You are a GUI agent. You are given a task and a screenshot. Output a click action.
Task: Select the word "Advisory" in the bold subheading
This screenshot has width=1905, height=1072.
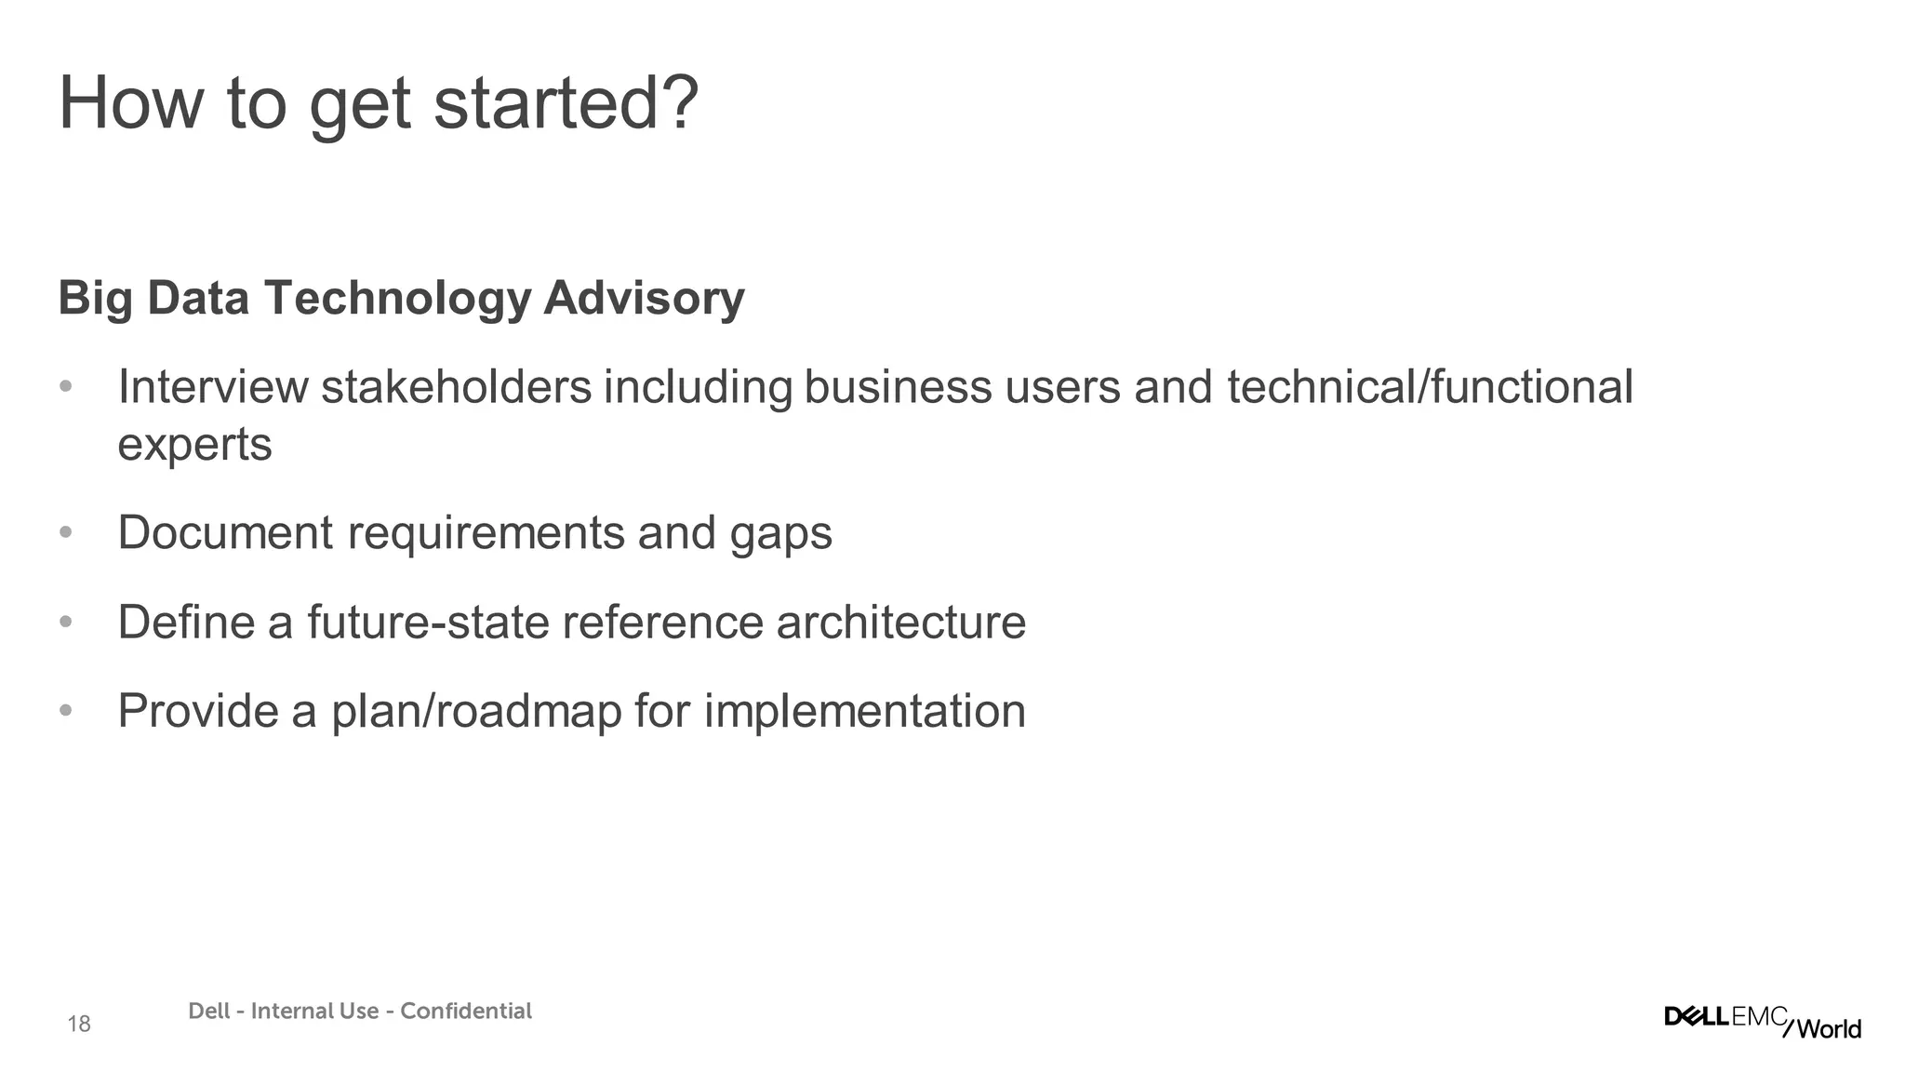(644, 299)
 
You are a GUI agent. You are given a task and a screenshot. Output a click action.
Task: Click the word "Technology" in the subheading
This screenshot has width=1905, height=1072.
(397, 299)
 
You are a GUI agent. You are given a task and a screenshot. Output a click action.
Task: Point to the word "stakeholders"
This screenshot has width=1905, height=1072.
(456, 387)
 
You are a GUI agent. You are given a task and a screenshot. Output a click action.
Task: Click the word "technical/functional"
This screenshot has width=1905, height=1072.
(1430, 387)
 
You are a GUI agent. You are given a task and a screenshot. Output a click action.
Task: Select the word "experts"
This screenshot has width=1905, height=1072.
(194, 445)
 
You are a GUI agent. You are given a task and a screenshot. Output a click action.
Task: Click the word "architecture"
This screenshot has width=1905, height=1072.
(900, 622)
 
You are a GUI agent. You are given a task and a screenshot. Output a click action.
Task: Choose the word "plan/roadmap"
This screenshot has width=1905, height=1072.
(476, 712)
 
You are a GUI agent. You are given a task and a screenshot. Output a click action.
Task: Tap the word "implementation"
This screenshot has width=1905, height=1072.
(864, 712)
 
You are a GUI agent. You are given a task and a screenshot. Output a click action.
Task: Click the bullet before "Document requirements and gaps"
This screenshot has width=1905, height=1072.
(65, 532)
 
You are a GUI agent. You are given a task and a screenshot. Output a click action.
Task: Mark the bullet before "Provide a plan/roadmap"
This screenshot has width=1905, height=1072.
(65, 711)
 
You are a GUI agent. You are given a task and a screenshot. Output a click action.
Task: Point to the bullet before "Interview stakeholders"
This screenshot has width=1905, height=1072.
(65, 386)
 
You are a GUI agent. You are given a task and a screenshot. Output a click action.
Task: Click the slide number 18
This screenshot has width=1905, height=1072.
(79, 1025)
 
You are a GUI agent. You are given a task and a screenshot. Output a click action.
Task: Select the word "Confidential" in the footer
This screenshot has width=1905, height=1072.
(466, 1012)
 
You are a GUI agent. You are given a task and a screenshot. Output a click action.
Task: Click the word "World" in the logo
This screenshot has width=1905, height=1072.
(1829, 1028)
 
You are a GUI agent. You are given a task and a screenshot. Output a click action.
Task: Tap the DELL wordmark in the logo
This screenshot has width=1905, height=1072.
(1697, 1016)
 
